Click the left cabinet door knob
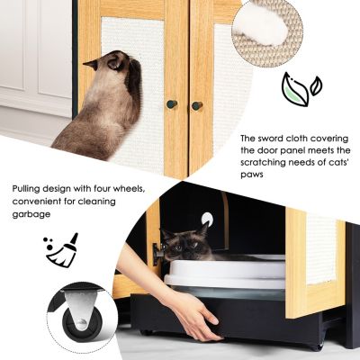tap(172, 104)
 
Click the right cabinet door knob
tap(197, 106)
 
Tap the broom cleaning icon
tap(62, 250)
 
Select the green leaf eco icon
tap(301, 89)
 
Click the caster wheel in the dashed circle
tap(82, 324)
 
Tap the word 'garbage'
tap(31, 214)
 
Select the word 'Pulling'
tap(26, 190)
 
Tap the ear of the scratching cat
tap(91, 64)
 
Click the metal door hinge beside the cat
tap(157, 254)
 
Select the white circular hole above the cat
tap(207, 218)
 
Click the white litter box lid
tap(226, 271)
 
